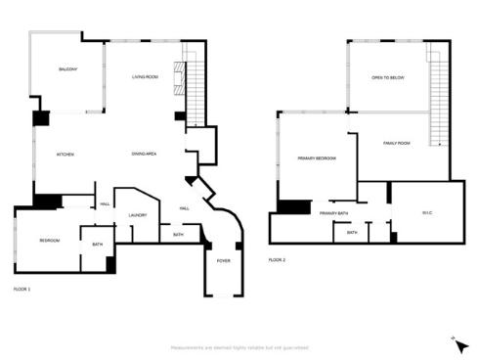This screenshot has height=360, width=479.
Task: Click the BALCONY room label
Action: pos(67,69)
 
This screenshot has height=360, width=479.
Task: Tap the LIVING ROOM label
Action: pos(146,76)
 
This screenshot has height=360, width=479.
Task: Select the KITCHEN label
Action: pos(65,155)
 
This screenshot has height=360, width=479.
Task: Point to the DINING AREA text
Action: pos(146,155)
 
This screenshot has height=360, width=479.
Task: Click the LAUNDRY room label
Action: pos(136,216)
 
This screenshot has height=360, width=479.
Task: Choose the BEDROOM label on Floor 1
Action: pos(50,241)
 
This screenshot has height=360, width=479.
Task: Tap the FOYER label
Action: pos(224,260)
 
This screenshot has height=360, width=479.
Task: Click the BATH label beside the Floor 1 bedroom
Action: pos(98,245)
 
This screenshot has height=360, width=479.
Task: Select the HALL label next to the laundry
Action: pos(105,204)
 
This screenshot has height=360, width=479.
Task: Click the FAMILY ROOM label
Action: pos(396,144)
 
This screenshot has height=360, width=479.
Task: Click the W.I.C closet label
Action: pos(426,212)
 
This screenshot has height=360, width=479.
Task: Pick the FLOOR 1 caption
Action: pos(22,290)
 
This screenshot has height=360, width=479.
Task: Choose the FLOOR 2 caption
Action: pos(278,259)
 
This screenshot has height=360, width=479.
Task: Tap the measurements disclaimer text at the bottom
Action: pos(239,347)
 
